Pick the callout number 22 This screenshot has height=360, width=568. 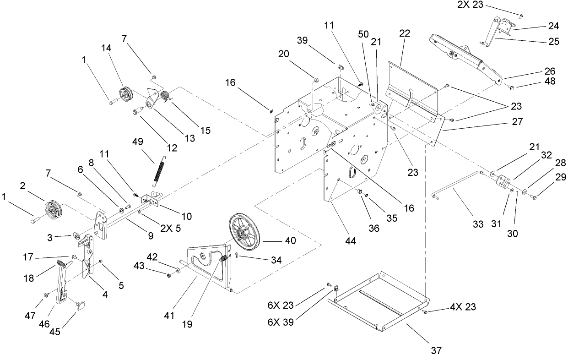coord(405,33)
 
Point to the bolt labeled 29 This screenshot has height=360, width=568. coord(535,197)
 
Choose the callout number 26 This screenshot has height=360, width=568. coord(550,71)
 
